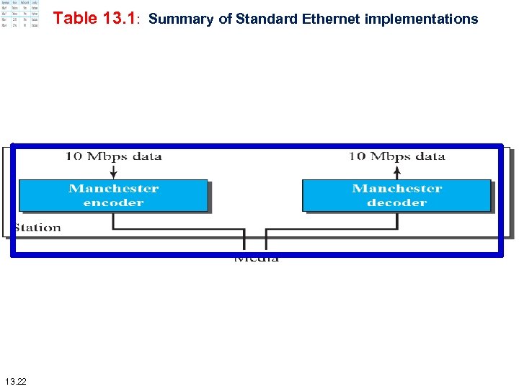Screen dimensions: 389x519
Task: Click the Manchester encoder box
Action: [113, 195]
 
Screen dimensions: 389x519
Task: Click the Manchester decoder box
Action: [396, 195]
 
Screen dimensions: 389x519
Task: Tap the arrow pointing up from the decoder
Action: [396, 171]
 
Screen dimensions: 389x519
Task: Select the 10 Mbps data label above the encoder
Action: [113, 156]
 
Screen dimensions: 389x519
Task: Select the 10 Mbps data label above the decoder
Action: [396, 156]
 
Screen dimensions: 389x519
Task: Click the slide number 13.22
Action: [14, 380]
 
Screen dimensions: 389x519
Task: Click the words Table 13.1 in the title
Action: [94, 19]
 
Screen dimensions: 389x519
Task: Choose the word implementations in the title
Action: [421, 19]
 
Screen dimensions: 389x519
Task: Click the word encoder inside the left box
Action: [113, 202]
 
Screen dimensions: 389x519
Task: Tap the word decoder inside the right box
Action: [396, 202]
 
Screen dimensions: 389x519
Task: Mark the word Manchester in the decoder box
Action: [396, 189]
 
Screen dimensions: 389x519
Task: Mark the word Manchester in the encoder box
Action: [113, 189]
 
